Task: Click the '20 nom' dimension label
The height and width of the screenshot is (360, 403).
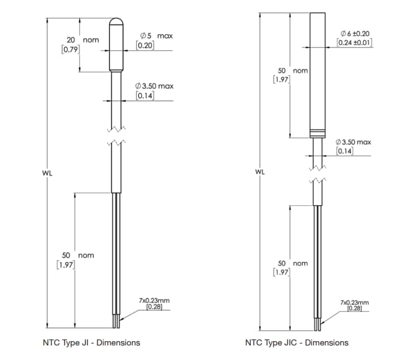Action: point(83,40)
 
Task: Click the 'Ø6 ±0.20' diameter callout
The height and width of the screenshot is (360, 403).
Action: point(354,33)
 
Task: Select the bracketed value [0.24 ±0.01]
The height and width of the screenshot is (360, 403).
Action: point(354,42)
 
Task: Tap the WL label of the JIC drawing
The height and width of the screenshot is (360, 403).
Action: point(260,172)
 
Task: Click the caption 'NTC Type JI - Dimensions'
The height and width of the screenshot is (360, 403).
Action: point(92,342)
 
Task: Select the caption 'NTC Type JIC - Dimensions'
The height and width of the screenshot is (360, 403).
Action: point(296,342)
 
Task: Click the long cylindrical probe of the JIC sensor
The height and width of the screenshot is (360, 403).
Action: point(319,73)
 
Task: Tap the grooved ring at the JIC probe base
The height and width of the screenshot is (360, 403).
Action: point(319,133)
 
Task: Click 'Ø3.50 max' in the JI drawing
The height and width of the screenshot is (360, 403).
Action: point(155,86)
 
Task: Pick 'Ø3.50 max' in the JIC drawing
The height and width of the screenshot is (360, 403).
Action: point(353,142)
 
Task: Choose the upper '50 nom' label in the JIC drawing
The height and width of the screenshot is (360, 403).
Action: point(293,71)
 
